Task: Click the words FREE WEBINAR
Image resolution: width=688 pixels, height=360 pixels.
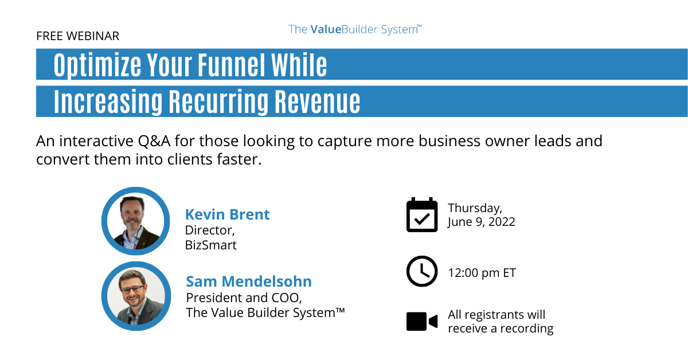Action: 77,36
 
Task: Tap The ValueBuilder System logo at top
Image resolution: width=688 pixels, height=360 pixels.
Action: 355,29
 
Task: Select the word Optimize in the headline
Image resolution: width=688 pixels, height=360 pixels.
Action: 97,65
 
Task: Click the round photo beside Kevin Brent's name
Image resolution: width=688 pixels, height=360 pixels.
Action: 136,221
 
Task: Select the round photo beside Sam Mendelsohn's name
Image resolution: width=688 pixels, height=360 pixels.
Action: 136,296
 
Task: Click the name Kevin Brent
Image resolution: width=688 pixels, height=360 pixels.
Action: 227,214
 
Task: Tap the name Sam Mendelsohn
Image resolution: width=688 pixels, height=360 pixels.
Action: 249,281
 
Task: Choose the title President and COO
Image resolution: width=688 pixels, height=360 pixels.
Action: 244,298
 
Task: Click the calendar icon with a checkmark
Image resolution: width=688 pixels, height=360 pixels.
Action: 421,215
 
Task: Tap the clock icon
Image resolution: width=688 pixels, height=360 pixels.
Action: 421,271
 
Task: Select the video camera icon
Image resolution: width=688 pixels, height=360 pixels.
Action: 421,321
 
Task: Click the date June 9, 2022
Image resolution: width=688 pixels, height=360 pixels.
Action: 482,222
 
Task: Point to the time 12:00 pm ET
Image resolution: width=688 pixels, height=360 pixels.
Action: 482,273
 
